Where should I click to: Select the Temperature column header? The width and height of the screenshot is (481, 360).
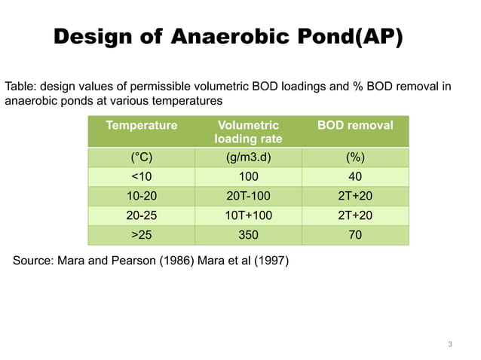tap(141, 125)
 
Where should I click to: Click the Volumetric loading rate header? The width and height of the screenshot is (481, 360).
tap(247, 132)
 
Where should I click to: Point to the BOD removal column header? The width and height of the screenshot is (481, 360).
tap(355, 125)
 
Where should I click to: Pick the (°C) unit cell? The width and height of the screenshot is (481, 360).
tap(141, 157)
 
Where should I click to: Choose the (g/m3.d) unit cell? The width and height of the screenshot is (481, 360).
tap(247, 157)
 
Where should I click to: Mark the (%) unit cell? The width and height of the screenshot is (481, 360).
tap(355, 157)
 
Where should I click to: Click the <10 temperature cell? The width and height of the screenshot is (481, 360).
tap(141, 177)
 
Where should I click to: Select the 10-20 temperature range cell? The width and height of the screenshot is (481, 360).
tap(141, 197)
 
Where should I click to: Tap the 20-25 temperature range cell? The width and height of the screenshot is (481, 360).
tap(141, 216)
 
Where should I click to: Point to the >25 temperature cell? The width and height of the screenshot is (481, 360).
tap(141, 236)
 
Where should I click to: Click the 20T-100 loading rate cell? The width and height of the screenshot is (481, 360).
tap(247, 197)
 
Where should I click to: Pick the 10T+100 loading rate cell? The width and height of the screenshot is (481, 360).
tap(247, 216)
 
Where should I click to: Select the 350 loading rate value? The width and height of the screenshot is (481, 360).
tap(247, 236)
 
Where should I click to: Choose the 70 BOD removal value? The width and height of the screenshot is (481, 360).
tap(355, 236)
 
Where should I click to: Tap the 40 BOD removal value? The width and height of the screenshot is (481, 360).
tap(355, 177)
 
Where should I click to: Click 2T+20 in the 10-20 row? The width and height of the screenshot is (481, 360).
tap(355, 197)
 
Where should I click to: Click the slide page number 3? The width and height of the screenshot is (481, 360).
tap(450, 345)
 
